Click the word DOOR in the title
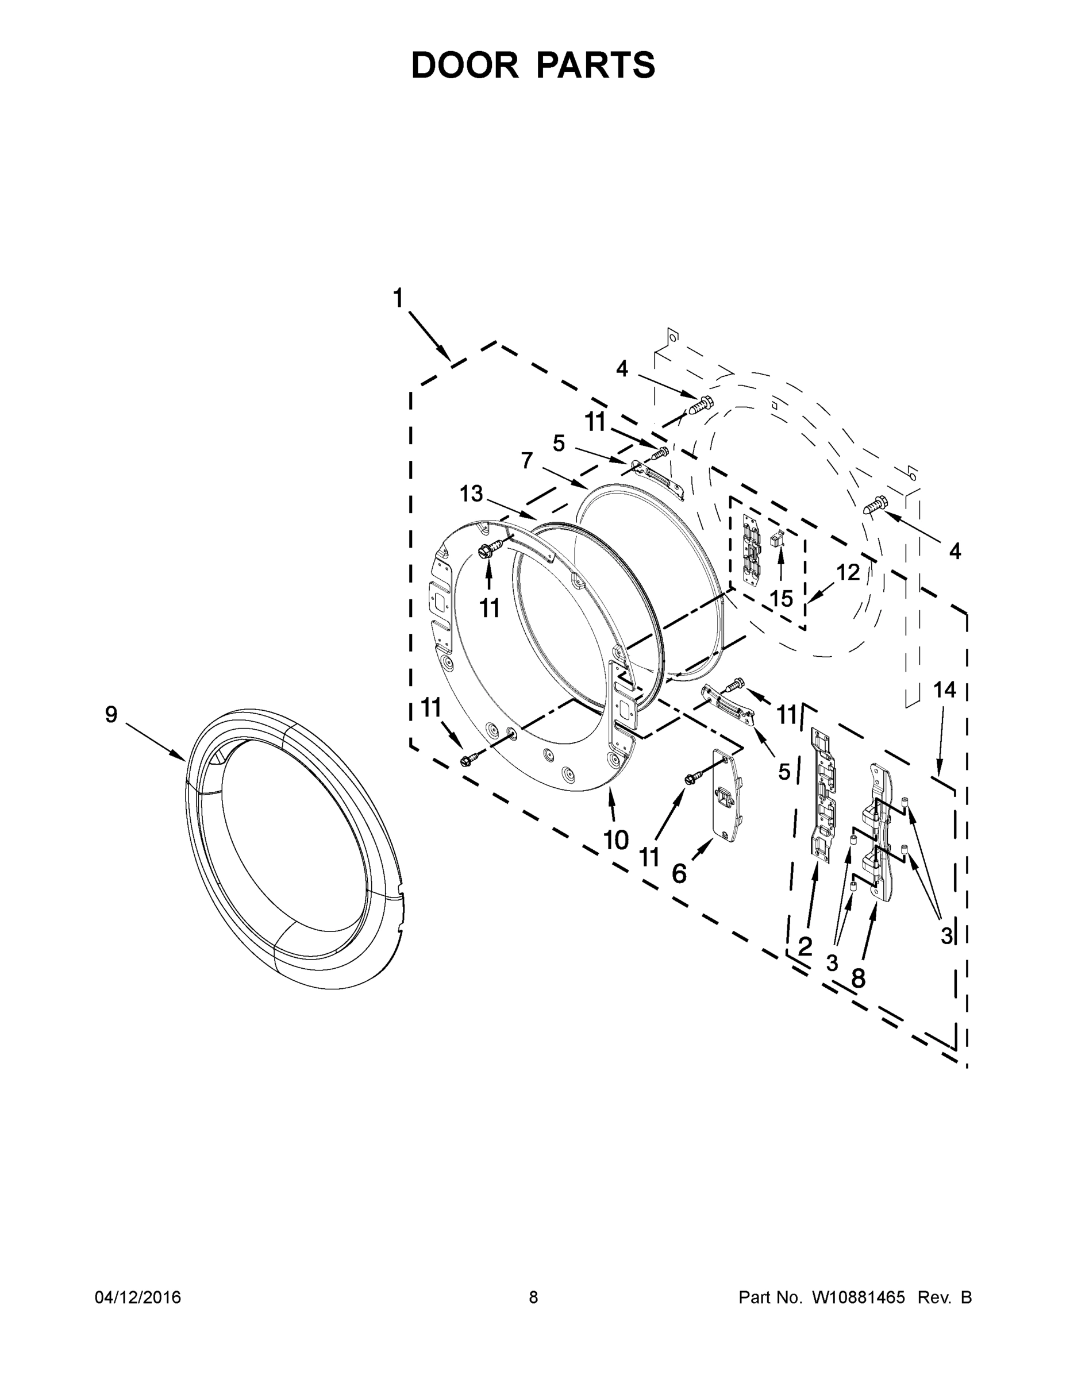click(464, 65)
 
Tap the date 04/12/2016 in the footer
click(138, 1297)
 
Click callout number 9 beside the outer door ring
click(111, 714)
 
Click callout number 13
click(471, 493)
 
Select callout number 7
click(527, 461)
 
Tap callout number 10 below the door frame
click(615, 840)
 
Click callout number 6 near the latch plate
click(679, 874)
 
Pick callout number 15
click(782, 598)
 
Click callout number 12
click(848, 572)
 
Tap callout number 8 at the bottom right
click(857, 978)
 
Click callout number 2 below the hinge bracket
click(805, 946)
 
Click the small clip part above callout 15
click(778, 538)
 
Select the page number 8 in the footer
click(533, 1297)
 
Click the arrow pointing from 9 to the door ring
click(155, 741)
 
